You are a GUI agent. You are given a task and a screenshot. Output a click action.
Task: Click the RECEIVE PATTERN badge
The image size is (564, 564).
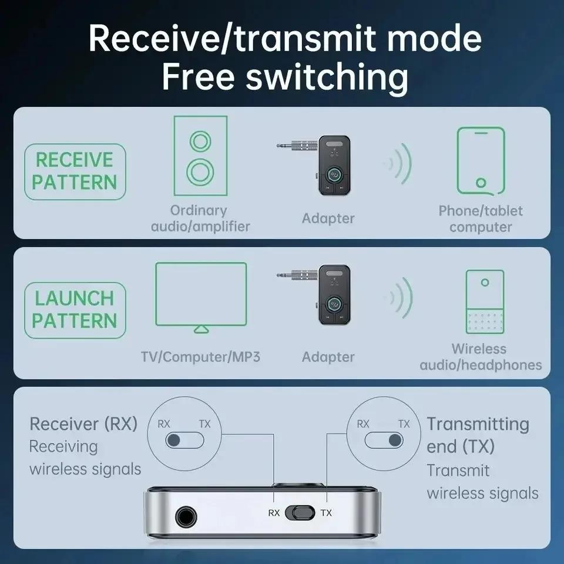click(x=75, y=171)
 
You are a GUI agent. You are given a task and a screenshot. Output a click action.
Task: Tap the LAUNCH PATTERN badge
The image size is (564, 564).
click(x=75, y=309)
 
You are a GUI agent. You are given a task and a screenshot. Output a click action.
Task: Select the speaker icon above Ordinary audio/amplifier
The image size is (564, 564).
click(x=200, y=156)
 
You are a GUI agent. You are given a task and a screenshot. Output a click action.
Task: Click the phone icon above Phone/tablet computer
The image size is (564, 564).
click(x=481, y=160)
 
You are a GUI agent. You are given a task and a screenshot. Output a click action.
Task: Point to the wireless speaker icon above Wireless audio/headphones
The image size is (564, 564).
click(x=485, y=302)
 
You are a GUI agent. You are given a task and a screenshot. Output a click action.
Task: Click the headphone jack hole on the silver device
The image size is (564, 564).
click(x=184, y=516)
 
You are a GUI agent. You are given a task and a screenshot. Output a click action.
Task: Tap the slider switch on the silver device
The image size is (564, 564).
click(x=300, y=512)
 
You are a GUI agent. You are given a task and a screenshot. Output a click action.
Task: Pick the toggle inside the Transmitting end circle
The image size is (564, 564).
click(x=384, y=440)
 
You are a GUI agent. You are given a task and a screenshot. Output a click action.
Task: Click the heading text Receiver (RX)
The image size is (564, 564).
click(x=83, y=424)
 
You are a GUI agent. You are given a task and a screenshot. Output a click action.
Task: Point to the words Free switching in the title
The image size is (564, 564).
click(x=285, y=78)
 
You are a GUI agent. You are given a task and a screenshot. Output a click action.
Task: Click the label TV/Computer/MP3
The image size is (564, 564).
click(x=200, y=357)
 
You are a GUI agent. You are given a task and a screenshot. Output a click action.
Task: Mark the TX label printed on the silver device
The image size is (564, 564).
click(x=326, y=513)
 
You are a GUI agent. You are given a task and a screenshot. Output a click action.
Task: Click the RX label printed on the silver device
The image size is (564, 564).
click(x=274, y=513)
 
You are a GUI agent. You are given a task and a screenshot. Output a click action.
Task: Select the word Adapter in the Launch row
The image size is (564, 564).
click(x=328, y=357)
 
